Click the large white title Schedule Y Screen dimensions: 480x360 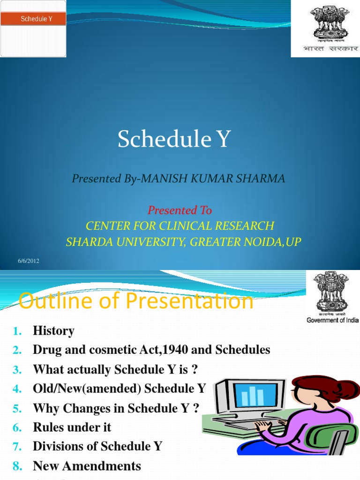click(x=174, y=139)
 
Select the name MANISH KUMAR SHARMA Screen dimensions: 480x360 click(x=213, y=179)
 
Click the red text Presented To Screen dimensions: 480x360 click(x=180, y=210)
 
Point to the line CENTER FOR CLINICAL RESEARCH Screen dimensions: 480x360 click(x=180, y=226)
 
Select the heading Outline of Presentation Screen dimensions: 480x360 click(x=136, y=301)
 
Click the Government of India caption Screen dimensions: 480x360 click(x=332, y=320)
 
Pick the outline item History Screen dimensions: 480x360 click(x=53, y=331)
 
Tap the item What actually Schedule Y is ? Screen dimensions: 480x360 click(x=115, y=370)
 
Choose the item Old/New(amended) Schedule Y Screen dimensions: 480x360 click(x=120, y=389)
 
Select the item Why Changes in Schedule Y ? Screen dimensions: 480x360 click(x=116, y=408)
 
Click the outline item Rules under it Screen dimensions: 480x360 click(x=72, y=427)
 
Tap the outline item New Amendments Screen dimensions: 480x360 click(x=87, y=466)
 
